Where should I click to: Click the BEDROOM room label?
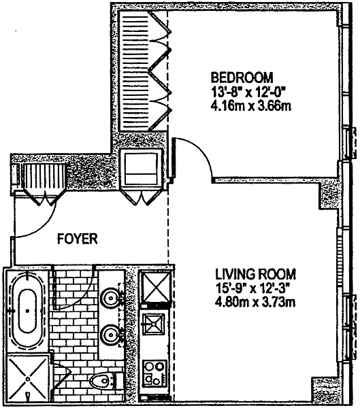(242, 78)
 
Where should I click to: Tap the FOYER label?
(78, 239)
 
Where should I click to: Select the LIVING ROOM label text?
(256, 274)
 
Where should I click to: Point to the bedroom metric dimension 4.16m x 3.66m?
(250, 106)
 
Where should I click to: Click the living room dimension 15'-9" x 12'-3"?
(252, 288)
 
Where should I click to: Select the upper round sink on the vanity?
(111, 297)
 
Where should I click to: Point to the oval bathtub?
(27, 311)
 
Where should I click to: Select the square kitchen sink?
(154, 324)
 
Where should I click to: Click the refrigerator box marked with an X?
(156, 286)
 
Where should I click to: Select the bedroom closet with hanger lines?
(143, 71)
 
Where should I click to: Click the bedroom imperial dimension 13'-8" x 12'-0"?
(248, 92)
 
